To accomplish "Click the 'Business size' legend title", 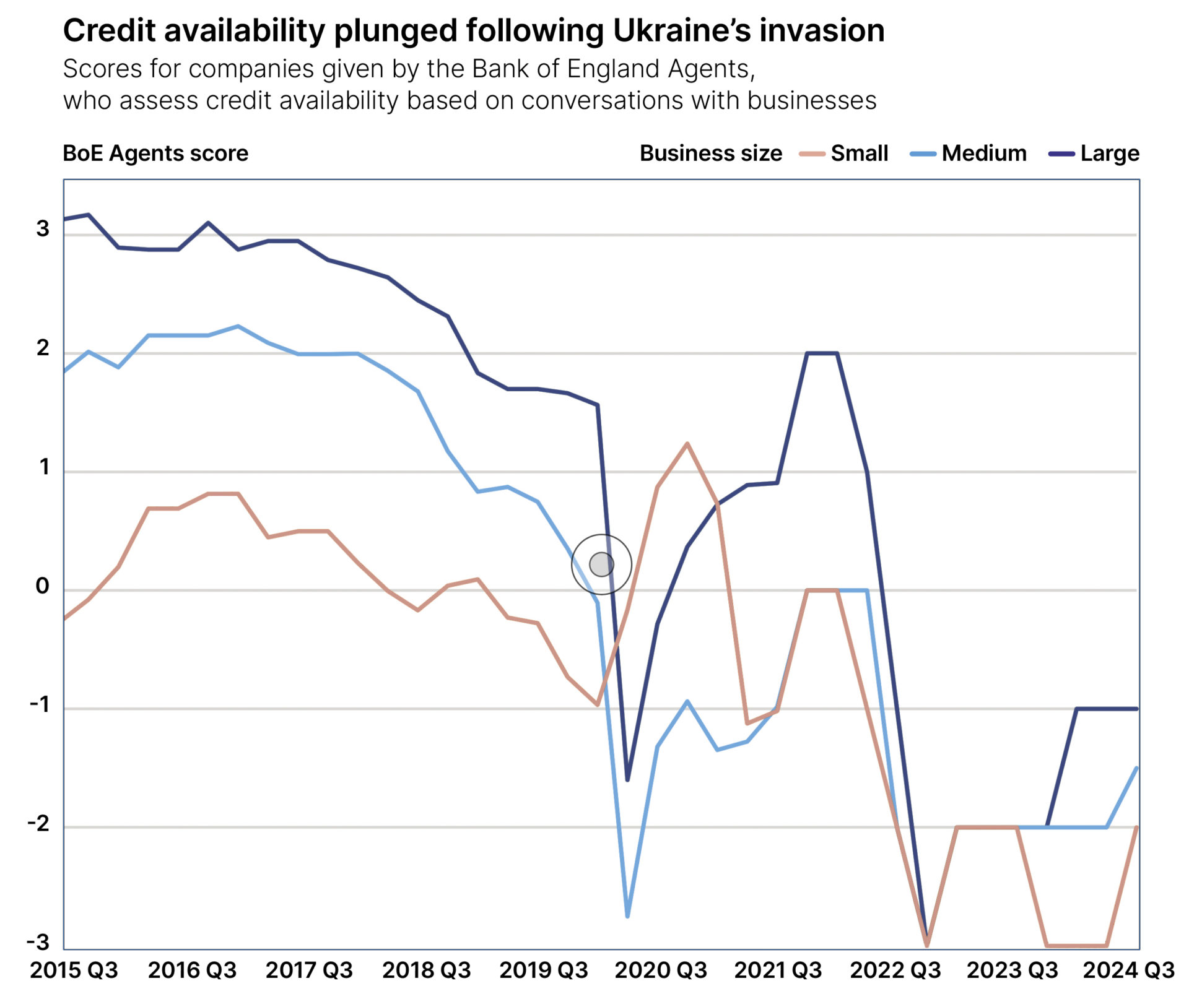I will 710,153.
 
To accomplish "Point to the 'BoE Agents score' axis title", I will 155,153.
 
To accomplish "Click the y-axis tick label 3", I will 42,229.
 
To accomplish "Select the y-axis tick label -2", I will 38,823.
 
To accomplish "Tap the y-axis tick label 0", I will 42,586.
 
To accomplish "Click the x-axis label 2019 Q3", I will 543,970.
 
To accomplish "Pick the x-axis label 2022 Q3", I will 895,970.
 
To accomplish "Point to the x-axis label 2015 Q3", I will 74,970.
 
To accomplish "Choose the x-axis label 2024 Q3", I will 1128,970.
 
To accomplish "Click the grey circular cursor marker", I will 601,564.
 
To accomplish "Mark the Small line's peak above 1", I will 687,444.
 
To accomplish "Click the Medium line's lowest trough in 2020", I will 627,916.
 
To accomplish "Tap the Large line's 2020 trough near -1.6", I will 627,780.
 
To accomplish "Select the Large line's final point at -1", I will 1136,709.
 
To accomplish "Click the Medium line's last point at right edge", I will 1136,768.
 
